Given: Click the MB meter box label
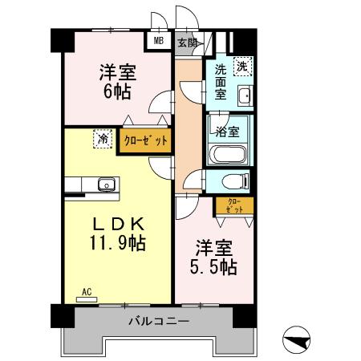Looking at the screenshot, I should tap(158, 41).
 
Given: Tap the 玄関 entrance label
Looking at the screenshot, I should tap(186, 41).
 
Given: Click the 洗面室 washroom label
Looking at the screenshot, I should tap(221, 82).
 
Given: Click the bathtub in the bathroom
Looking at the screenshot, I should tap(229, 154).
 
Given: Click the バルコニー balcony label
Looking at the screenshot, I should tap(158, 322).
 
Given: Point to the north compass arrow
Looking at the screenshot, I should tap(298, 339).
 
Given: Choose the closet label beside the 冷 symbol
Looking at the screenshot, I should tap(146, 140).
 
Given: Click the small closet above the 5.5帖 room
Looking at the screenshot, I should tap(234, 205).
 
